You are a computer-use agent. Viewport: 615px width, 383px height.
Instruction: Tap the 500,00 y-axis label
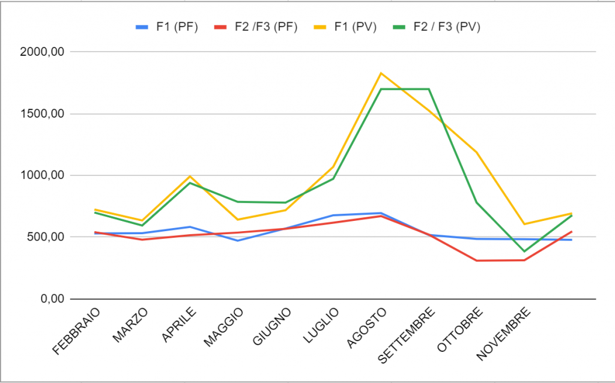tap(46, 237)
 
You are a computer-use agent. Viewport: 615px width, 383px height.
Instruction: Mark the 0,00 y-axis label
tap(52, 299)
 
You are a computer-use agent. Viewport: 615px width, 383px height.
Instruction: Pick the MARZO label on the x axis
tap(130, 324)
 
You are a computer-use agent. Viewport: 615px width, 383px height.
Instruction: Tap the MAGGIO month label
tap(223, 327)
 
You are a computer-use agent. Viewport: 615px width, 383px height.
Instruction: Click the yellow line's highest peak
tap(381, 73)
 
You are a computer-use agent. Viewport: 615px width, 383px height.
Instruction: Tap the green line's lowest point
tap(524, 252)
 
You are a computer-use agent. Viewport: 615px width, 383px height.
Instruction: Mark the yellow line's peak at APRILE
tap(190, 176)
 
